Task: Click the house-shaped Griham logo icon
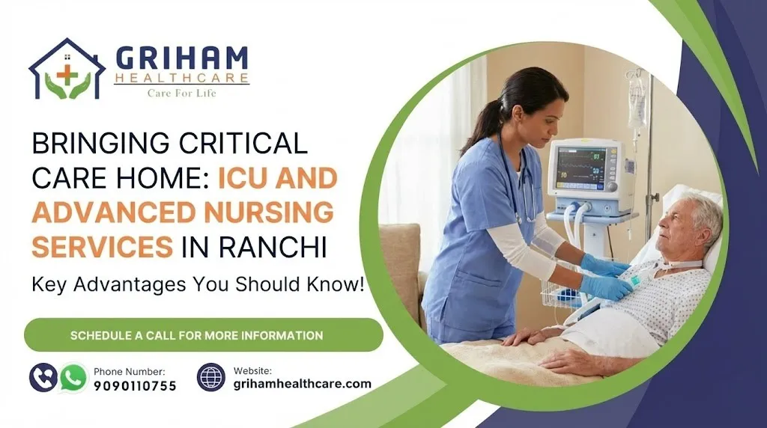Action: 67,69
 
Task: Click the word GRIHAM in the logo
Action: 182,59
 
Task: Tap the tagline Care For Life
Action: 181,93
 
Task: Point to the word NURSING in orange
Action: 269,213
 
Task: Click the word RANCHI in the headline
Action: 273,247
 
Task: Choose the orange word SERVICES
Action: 102,247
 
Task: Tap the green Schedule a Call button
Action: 204,335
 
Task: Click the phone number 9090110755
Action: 135,386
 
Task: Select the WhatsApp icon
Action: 73,378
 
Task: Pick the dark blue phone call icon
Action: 43,378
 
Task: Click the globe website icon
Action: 211,377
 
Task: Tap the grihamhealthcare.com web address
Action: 303,384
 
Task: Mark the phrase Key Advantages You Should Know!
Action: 198,284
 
